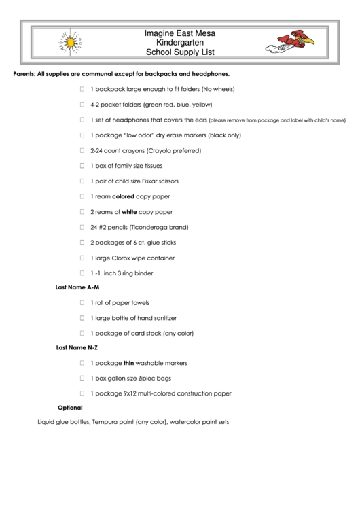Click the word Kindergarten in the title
[x=180, y=42]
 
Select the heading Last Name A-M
[x=77, y=287]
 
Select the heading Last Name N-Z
[x=77, y=348]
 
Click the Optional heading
[x=70, y=408]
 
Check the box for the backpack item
[x=82, y=89]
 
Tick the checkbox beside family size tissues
[x=82, y=165]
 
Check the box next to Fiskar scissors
[x=82, y=181]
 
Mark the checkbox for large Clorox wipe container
[x=82, y=258]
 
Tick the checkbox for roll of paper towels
[x=82, y=302]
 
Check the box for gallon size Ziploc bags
[x=82, y=378]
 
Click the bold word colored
[x=123, y=196]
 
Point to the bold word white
[x=129, y=212]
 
